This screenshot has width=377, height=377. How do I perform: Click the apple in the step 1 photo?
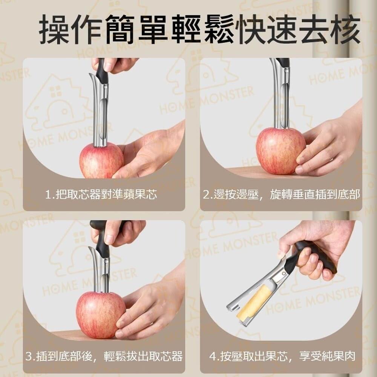click(101, 160)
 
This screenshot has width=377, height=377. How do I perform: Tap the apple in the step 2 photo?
click(280, 151)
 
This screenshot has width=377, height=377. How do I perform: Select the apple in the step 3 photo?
click(101, 315)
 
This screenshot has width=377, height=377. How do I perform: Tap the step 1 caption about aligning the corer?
click(101, 194)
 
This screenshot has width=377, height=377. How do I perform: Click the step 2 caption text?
click(281, 194)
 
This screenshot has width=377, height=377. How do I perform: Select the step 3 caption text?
click(104, 356)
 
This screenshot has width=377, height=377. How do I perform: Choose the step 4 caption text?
click(282, 356)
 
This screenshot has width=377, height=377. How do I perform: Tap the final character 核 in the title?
click(345, 29)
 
